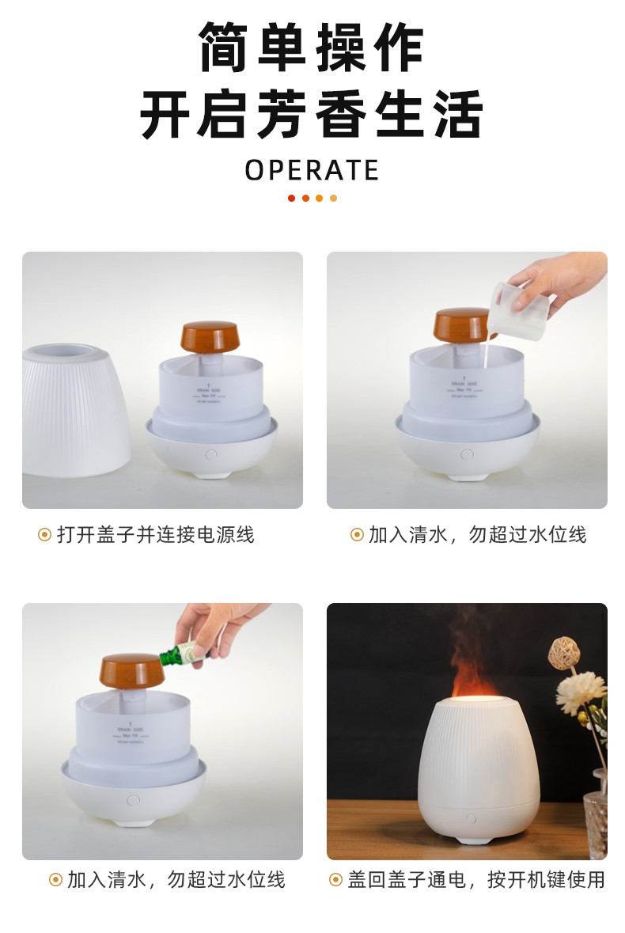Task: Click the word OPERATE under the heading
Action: pyautogui.click(x=312, y=169)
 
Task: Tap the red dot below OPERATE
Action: pyautogui.click(x=291, y=198)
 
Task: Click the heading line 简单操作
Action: pyautogui.click(x=312, y=49)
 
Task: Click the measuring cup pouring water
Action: pyautogui.click(x=519, y=311)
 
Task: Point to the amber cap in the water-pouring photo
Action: pyautogui.click(x=462, y=325)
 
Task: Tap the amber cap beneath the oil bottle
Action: pyautogui.click(x=131, y=673)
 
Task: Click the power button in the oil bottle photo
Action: pyautogui.click(x=133, y=800)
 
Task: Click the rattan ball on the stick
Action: pyautogui.click(x=562, y=650)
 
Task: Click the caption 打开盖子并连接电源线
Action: pyautogui.click(x=156, y=535)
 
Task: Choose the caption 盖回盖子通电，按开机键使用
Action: pyautogui.click(x=476, y=879)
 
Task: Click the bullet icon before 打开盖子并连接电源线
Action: pyautogui.click(x=44, y=535)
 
